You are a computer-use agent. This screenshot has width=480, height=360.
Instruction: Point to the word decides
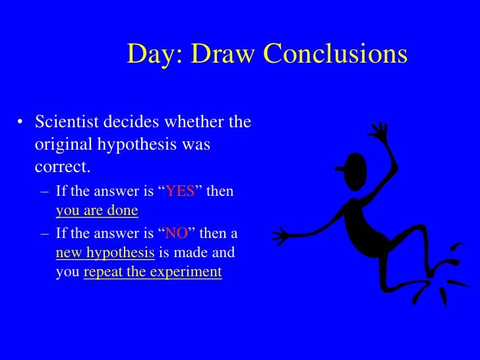point(131,123)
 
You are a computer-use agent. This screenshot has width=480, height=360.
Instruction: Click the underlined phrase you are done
point(97,211)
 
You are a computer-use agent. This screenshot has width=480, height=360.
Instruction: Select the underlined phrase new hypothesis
point(105,253)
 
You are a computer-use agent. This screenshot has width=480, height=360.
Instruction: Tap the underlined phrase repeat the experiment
point(152,272)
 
